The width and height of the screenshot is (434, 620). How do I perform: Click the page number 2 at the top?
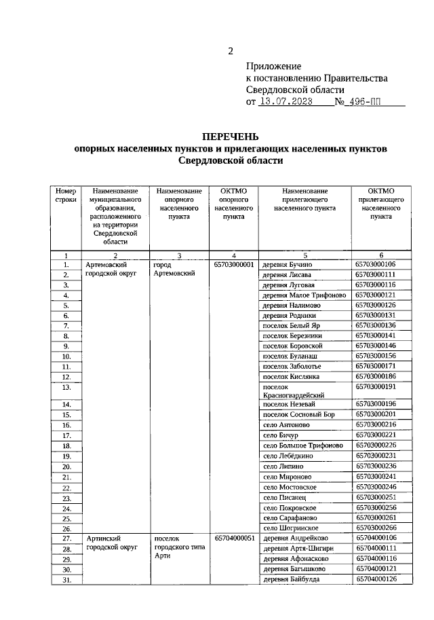click(231, 51)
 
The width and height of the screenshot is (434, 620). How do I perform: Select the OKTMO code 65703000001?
click(234, 264)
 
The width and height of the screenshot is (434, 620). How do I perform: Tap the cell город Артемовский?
click(174, 269)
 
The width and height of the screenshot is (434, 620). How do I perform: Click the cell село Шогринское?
click(290, 528)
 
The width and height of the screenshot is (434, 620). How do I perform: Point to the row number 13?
click(66, 386)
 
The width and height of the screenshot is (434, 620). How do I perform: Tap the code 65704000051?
click(234, 538)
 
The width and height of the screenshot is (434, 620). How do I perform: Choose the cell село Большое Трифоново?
click(303, 445)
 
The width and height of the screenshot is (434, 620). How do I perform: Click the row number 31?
click(66, 579)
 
